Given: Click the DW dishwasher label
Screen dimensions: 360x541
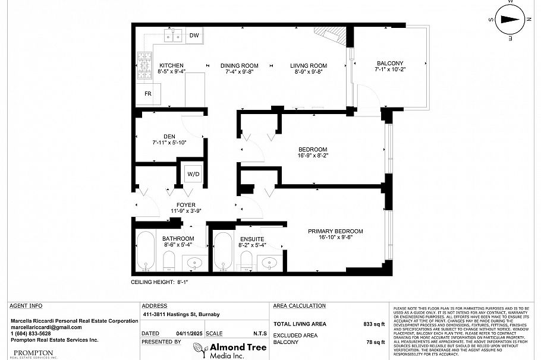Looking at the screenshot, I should click(194, 36).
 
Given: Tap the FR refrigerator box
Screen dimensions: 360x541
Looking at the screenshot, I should click(148, 94).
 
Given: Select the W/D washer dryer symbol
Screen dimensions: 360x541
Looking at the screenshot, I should click(193, 174).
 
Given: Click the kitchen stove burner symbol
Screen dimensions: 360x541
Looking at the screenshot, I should click(145, 62).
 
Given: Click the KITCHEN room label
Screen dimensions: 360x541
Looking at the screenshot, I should click(171, 65).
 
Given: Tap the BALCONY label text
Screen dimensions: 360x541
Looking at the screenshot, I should click(390, 64).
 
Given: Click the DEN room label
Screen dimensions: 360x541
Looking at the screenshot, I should click(169, 136).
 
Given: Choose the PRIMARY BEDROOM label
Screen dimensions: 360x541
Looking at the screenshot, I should click(335, 232).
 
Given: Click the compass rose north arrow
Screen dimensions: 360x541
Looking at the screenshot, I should click(509, 19).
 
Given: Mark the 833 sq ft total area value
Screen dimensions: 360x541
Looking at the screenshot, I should click(374, 324).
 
